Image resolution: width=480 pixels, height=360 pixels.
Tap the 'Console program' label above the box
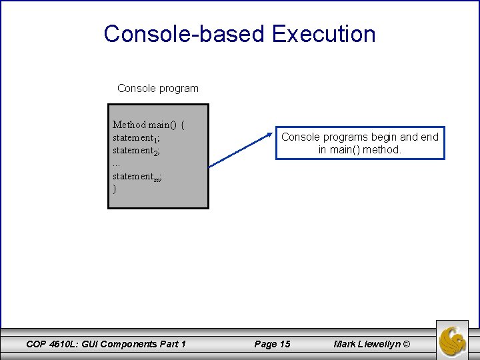pyautogui.click(x=157, y=88)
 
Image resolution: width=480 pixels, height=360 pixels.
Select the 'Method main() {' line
pyautogui.click(x=149, y=125)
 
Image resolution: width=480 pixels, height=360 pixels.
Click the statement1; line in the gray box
pyautogui.click(x=136, y=138)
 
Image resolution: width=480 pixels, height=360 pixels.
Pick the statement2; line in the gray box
pyautogui.click(x=136, y=151)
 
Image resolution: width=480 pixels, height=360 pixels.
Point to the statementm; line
pyautogui.click(x=137, y=177)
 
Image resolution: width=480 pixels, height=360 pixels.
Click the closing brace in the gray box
pyautogui.click(x=115, y=189)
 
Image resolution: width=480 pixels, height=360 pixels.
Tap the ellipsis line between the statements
pyautogui.click(x=117, y=163)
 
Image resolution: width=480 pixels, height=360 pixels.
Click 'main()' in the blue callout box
pyautogui.click(x=346, y=150)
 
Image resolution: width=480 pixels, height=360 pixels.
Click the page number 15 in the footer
pyautogui.click(x=284, y=344)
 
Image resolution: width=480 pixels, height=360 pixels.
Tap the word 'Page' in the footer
pyautogui.click(x=265, y=344)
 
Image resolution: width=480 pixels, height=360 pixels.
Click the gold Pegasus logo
pyautogui.click(x=453, y=339)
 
